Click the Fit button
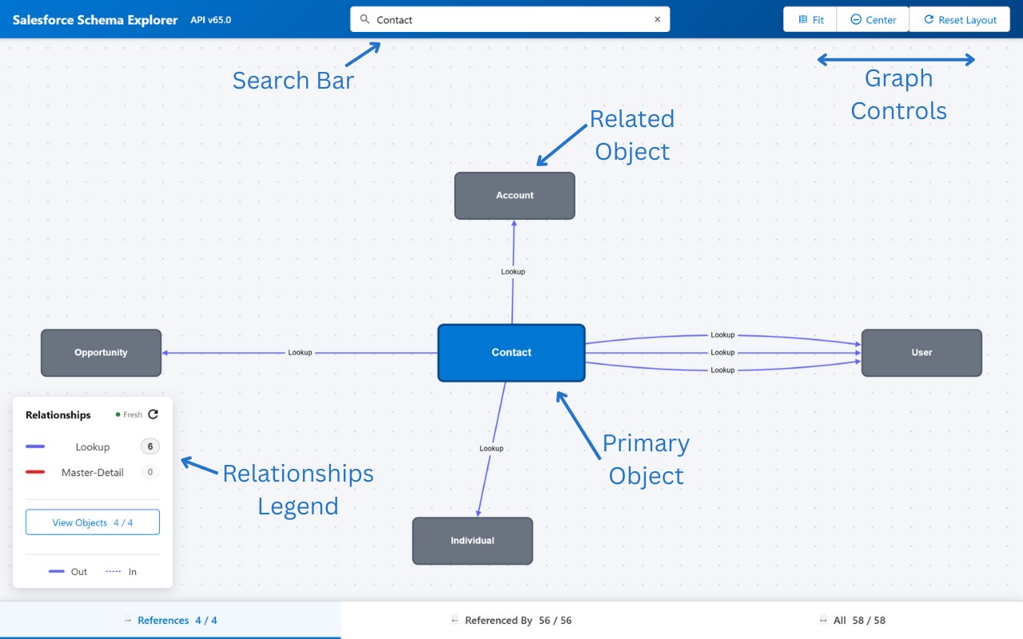(810, 20)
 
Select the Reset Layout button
(960, 20)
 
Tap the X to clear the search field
(657, 19)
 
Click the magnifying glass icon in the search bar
(364, 19)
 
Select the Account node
(515, 196)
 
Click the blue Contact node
(511, 352)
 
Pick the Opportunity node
(101, 352)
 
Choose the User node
(921, 352)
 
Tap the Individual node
(472, 541)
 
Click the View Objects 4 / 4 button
(93, 522)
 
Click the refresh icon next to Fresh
(153, 415)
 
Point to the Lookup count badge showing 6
(149, 447)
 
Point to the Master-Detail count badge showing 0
(149, 472)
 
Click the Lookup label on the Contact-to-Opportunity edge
(300, 352)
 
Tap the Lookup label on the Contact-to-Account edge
(513, 272)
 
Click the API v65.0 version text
(210, 20)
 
